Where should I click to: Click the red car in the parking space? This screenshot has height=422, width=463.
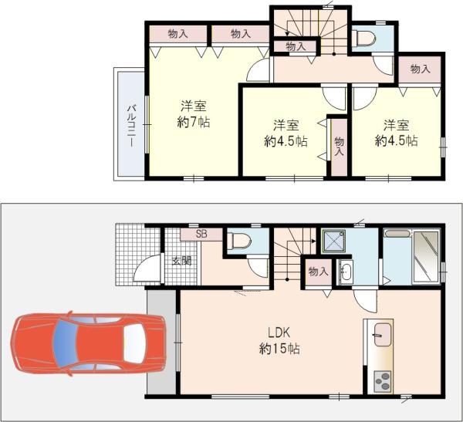pos(88,344)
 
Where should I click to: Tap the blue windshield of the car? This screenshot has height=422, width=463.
pos(65,344)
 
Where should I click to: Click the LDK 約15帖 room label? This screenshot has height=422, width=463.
pos(279,341)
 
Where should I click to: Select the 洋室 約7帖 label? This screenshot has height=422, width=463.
pos(194,114)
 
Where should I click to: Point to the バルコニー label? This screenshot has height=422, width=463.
pos(131,126)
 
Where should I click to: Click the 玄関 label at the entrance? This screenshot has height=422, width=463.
pos(182,261)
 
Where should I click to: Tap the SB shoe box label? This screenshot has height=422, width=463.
pos(201,235)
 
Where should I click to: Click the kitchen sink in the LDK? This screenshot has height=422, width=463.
pos(383,334)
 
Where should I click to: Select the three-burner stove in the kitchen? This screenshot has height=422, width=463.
pos(383,381)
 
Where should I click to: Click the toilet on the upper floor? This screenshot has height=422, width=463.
pos(366,38)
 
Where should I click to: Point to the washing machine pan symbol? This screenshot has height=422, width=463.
pos(333,241)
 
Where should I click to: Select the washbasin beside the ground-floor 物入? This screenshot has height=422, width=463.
pos(345,272)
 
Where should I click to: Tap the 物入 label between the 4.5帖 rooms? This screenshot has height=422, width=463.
pos(339,147)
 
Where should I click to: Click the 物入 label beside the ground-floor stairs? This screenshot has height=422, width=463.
pos(318,271)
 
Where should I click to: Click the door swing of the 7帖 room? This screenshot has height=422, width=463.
pos(259,70)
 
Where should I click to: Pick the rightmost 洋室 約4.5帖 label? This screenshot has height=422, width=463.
pos(397,133)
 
